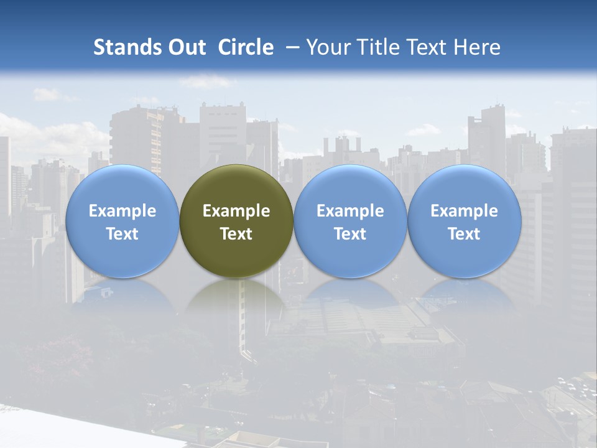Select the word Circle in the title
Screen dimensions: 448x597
coord(246,47)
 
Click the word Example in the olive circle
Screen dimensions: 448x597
coord(236,211)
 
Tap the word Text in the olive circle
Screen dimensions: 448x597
coord(236,234)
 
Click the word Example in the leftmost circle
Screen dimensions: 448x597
coord(123,211)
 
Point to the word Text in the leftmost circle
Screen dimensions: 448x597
coord(123,234)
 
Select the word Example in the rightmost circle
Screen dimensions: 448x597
coord(465,211)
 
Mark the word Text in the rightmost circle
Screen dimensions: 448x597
coord(465,234)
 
